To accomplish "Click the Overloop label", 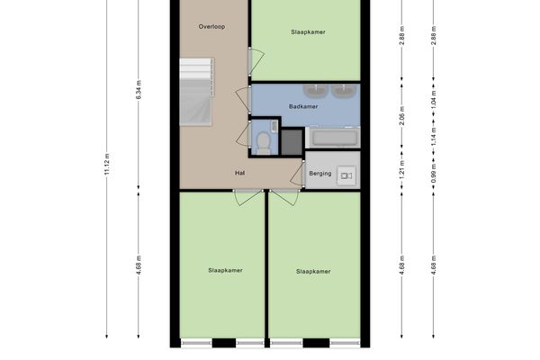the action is pos(211,26).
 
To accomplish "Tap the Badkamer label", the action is pos(303,106).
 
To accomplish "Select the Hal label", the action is pos(239,173).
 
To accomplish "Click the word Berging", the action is pos(319,174).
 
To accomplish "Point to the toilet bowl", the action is pos(264,142).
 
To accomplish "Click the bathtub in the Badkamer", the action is pos(334,138).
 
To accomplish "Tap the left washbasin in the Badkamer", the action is pos(315,91).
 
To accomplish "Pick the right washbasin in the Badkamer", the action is pos(344,91).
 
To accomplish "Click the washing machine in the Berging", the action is pos(346,176).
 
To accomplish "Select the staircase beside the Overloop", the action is pos(196,91).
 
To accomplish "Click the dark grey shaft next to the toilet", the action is pos(292,141).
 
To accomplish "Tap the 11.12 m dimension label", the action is pos(107,164).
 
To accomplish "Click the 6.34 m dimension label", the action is pos(139,90).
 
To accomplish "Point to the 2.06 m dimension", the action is pos(401,116).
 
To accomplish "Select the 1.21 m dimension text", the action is pos(401,169).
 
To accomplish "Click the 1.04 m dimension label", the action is pos(433,99).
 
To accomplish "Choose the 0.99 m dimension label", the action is pos(433,174).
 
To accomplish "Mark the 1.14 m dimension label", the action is pos(433,137).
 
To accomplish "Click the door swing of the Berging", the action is pos(298,174).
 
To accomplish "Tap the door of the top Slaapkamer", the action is pos(256,61).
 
